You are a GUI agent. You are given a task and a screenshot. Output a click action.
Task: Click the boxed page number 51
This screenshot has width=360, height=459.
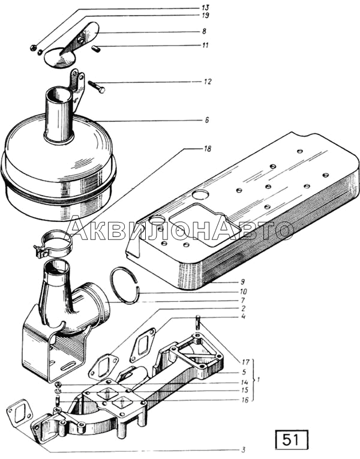[292, 440]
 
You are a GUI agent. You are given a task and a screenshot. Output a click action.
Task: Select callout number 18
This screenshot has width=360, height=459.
[207, 149]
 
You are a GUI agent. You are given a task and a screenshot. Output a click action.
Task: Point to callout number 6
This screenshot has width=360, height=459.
[207, 120]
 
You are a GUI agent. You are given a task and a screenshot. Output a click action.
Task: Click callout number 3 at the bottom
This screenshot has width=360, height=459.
[243, 450]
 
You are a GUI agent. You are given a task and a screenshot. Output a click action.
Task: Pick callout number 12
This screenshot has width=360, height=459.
[208, 82]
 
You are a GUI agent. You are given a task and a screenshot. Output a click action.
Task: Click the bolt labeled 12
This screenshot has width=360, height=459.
[96, 86]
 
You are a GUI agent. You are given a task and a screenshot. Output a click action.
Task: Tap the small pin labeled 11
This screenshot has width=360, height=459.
[96, 49]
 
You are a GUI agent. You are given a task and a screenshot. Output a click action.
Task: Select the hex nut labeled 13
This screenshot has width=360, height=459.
[33, 47]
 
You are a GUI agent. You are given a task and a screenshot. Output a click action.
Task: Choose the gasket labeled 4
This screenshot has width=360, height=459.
[143, 345]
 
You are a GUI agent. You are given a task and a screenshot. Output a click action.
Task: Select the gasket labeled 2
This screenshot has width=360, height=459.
[103, 365]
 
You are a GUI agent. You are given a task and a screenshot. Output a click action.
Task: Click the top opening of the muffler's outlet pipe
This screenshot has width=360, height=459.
[58, 92]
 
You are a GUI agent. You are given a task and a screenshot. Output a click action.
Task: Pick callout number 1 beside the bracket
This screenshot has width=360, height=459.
[258, 380]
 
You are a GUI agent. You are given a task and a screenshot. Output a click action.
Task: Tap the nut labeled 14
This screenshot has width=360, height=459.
[58, 385]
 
